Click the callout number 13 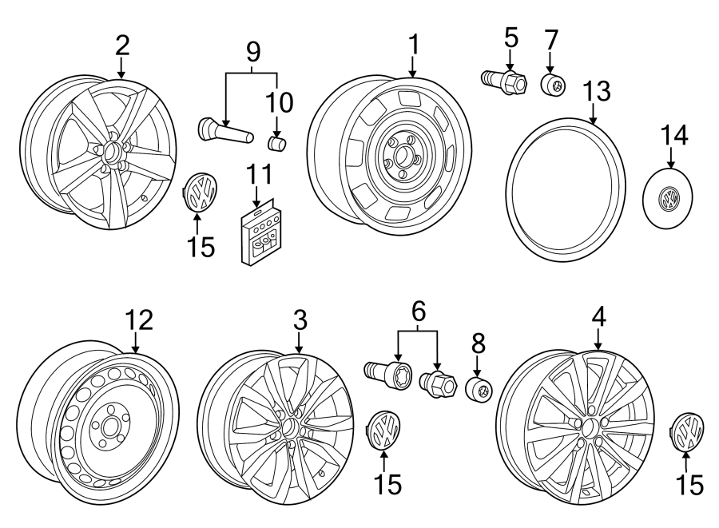[596, 92]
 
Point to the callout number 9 [252, 53]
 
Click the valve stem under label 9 [221, 129]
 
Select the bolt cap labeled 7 [551, 85]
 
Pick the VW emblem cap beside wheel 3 [384, 432]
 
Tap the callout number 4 [598, 316]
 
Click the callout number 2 [121, 45]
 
